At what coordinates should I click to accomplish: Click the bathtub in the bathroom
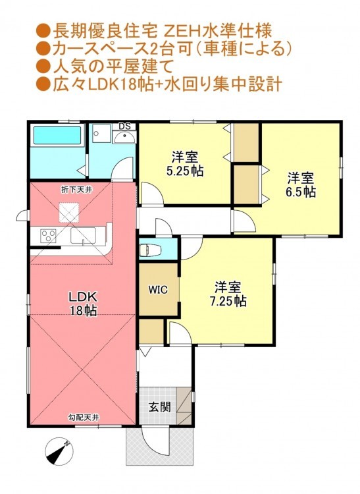[x=57, y=136]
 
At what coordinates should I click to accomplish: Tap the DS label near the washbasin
[x=124, y=126]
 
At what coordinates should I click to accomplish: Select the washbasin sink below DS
[x=124, y=137]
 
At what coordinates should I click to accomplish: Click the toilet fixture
[x=150, y=250]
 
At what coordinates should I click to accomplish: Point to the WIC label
[x=158, y=290]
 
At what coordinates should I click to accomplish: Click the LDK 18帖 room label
[x=83, y=304]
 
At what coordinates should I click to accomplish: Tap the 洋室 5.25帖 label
[x=185, y=164]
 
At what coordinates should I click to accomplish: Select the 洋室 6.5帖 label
[x=301, y=185]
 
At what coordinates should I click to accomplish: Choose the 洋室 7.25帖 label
[x=228, y=294]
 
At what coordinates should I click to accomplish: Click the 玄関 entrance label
[x=160, y=407]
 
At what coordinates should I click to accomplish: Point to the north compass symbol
[x=59, y=451]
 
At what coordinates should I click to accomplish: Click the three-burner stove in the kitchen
[x=49, y=236]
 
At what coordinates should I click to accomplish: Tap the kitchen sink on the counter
[x=83, y=235]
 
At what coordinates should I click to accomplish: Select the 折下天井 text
[x=76, y=190]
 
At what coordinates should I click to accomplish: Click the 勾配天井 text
[x=84, y=418]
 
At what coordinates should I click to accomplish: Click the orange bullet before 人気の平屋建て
[x=43, y=67]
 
